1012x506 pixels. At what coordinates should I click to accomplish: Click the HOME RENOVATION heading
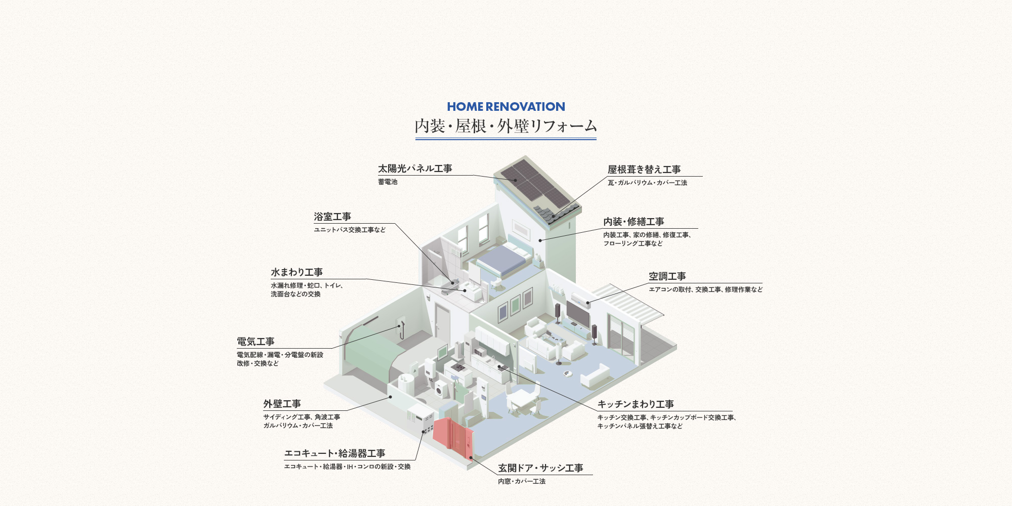pyautogui.click(x=506, y=107)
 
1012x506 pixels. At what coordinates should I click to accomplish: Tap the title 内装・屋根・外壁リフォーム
pyautogui.click(x=506, y=126)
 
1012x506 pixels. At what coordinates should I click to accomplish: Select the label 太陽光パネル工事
pyautogui.click(x=415, y=168)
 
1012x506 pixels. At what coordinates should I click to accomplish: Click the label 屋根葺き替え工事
pyautogui.click(x=644, y=170)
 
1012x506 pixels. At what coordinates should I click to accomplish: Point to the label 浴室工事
pyautogui.click(x=332, y=217)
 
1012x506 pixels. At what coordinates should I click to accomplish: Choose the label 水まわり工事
pyautogui.click(x=297, y=272)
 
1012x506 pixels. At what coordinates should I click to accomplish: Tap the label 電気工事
pyautogui.click(x=256, y=342)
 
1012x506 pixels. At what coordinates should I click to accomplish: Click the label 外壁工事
pyautogui.click(x=282, y=404)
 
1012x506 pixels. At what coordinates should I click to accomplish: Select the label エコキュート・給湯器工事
pyautogui.click(x=335, y=453)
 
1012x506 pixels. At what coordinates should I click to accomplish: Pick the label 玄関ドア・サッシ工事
pyautogui.click(x=540, y=468)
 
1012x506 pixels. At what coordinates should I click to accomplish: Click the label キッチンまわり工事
pyautogui.click(x=636, y=404)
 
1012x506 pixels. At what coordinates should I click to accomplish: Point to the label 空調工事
pyautogui.click(x=667, y=276)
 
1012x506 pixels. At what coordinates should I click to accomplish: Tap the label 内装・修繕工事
pyautogui.click(x=634, y=222)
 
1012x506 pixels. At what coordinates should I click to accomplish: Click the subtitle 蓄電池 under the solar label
pyautogui.click(x=388, y=182)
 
